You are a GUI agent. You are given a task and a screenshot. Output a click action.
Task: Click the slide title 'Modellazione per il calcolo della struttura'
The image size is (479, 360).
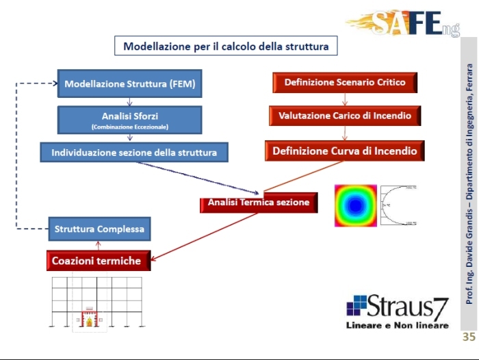click(226, 47)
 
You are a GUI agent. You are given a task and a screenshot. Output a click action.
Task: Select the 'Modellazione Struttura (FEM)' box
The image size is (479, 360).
click(130, 84)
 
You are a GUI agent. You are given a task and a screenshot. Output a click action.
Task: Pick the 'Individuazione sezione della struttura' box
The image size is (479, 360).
click(134, 152)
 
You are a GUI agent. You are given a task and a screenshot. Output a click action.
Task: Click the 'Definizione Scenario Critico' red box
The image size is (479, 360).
click(345, 82)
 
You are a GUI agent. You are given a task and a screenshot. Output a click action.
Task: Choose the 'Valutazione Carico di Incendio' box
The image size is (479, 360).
click(345, 116)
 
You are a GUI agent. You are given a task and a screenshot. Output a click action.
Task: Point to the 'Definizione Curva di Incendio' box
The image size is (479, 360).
click(345, 151)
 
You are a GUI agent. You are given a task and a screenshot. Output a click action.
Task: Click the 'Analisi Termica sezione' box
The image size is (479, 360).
click(259, 203)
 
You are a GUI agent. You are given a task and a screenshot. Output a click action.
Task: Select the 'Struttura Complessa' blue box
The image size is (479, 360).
click(100, 229)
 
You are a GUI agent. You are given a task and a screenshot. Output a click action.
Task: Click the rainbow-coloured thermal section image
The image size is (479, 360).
click(355, 205)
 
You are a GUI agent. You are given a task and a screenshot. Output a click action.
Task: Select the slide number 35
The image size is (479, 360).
click(469, 337)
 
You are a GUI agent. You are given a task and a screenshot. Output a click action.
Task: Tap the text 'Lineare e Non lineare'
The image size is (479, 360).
click(398, 324)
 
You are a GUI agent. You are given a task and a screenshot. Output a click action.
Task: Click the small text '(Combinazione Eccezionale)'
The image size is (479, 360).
click(129, 127)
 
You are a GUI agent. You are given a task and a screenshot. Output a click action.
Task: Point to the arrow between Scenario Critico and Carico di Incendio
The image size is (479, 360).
click(344, 99)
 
